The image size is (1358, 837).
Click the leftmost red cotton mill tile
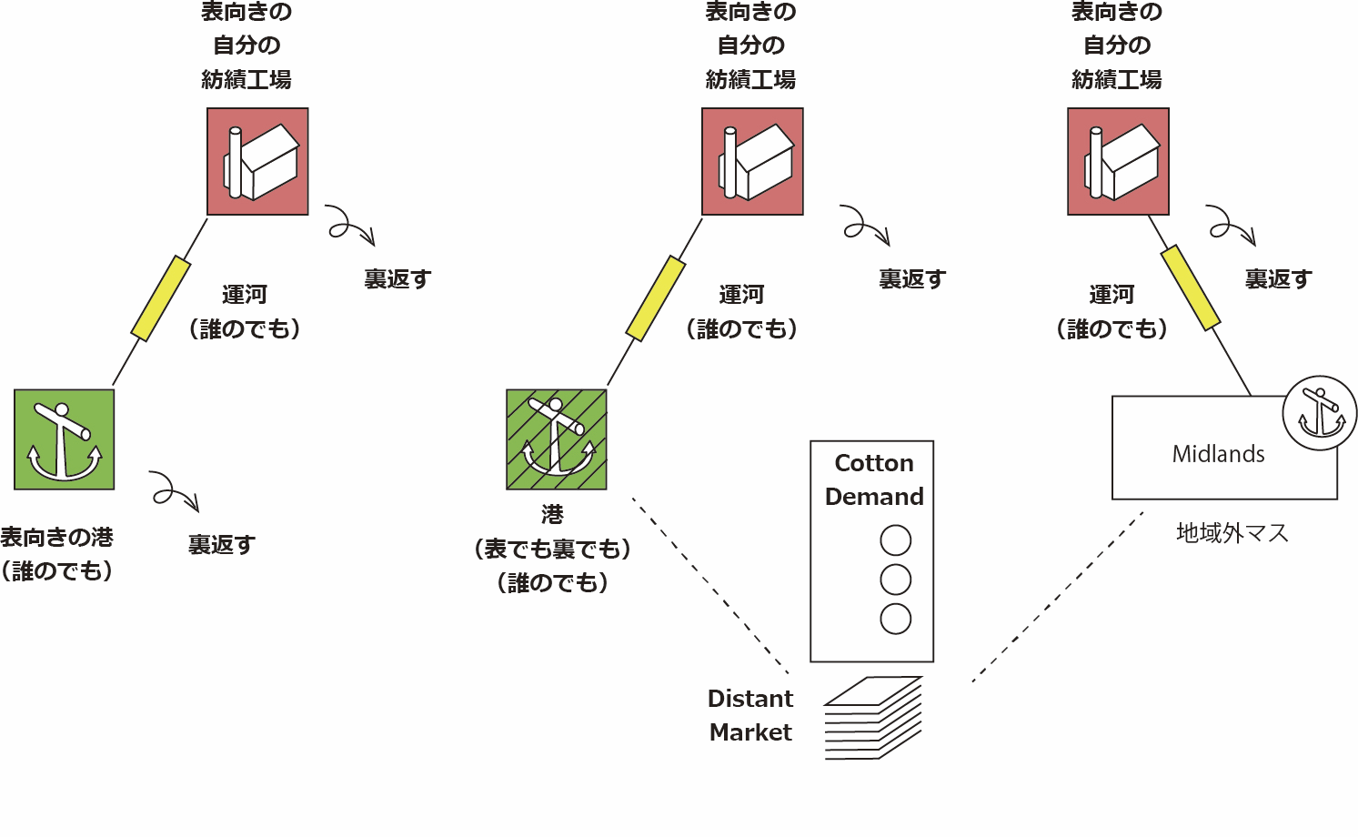point(257,162)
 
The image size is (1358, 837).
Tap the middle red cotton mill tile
point(752,162)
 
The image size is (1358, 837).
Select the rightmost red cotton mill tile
point(1118,162)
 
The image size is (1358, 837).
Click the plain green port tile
point(64,439)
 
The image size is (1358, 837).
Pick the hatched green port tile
point(557,439)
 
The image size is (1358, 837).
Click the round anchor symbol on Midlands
point(1319,413)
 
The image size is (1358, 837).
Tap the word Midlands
point(1218,454)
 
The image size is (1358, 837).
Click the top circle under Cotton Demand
point(896,540)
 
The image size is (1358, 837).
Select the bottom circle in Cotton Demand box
point(896,619)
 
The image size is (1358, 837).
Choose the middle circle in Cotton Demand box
point(896,580)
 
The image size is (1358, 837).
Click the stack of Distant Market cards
point(873,718)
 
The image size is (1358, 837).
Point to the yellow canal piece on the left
point(161,298)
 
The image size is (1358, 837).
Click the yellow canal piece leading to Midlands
point(1191,287)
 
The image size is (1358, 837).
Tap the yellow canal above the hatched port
point(656,298)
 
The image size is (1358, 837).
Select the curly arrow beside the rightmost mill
point(1231,225)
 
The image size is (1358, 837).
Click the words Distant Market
point(750,715)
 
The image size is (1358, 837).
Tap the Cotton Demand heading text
point(873,479)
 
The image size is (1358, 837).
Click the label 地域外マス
point(1232,533)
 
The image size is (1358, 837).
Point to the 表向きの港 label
point(56,538)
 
